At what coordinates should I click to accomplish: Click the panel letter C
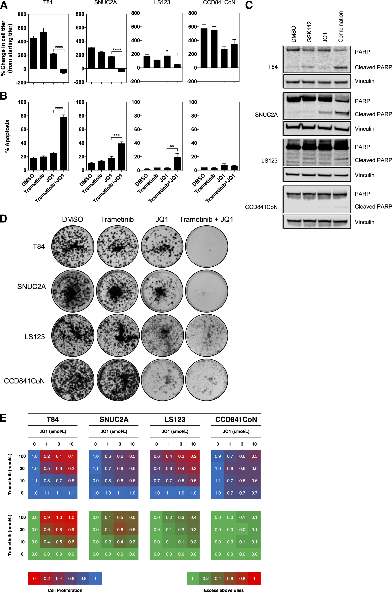249,5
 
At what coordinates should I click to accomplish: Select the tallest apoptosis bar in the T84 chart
64,143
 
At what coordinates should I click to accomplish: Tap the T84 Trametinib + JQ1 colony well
207,246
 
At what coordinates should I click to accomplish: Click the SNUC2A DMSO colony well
72,291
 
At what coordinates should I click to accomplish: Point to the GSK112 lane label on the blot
309,32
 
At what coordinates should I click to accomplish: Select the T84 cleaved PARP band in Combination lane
340,67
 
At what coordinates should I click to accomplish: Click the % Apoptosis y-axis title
7,136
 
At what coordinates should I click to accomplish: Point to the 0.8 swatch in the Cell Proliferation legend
83,579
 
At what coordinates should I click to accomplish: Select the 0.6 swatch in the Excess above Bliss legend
230,579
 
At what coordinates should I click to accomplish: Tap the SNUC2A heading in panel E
114,419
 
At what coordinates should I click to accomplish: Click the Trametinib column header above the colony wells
117,220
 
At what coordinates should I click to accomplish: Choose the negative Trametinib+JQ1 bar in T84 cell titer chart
64,71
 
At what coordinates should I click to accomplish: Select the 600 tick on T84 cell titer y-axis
22,28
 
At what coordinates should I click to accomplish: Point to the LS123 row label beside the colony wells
35,337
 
